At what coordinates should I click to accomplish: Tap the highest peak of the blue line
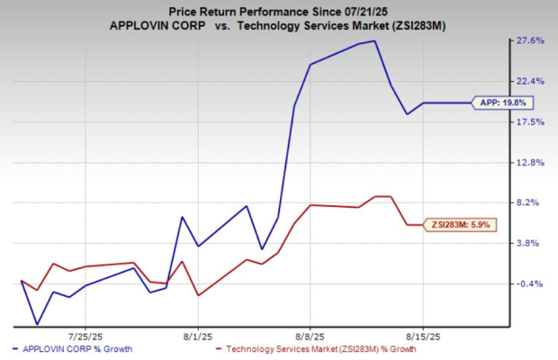pyautogui.click(x=374, y=40)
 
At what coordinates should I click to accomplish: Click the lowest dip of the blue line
pyautogui.click(x=37, y=324)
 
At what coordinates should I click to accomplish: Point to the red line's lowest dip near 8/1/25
pyautogui.click(x=198, y=295)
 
